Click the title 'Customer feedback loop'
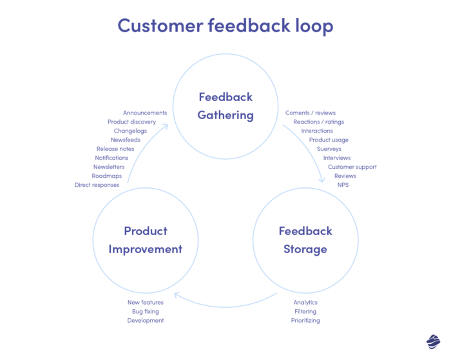click(225, 26)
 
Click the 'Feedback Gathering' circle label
click(225, 106)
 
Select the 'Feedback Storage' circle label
click(305, 240)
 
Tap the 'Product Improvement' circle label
click(146, 240)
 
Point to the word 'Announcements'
click(145, 113)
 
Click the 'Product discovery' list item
click(131, 122)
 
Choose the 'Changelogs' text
click(131, 131)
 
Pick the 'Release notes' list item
click(115, 149)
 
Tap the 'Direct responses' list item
click(97, 185)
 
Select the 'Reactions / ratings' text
click(318, 122)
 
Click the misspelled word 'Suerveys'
click(329, 149)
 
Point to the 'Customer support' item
click(352, 167)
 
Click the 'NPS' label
click(343, 185)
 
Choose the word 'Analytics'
click(305, 302)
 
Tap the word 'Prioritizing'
click(305, 320)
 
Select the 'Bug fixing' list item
click(146, 311)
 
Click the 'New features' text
click(146, 302)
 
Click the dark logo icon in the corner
click(433, 341)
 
